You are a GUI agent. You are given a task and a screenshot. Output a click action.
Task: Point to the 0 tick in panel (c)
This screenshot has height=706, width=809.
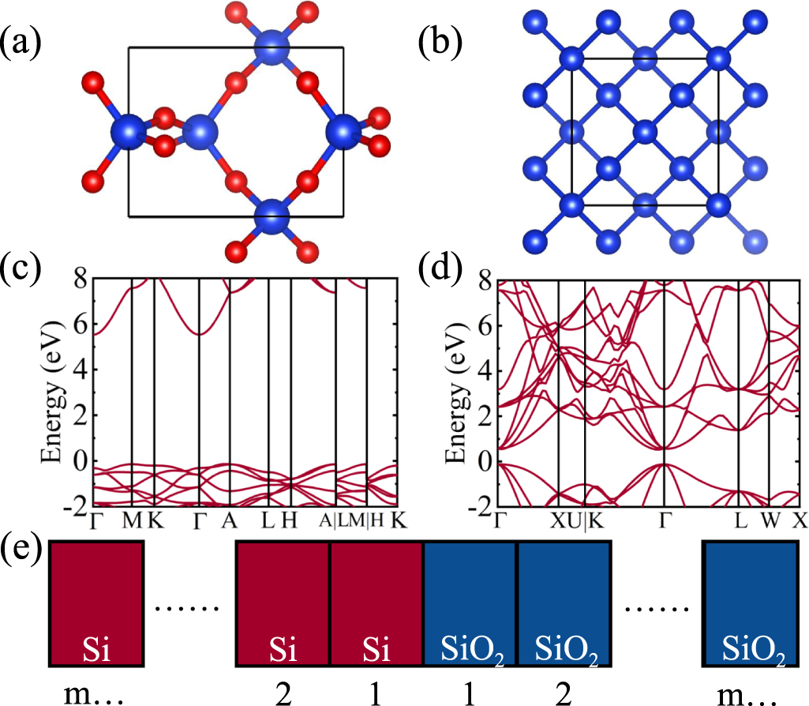pyautogui.click(x=81, y=460)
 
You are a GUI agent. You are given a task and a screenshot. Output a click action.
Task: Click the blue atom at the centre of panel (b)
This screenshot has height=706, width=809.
pyautogui.click(x=645, y=131)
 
